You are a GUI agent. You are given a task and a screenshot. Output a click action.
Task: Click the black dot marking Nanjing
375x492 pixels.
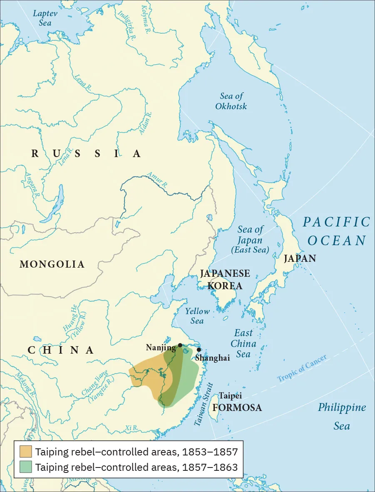click(180, 345)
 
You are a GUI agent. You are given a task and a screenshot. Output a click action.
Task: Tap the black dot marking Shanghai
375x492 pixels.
click(199, 349)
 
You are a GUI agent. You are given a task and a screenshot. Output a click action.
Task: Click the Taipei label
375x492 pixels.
click(230, 396)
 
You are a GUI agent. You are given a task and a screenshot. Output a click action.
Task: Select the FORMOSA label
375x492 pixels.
click(237, 408)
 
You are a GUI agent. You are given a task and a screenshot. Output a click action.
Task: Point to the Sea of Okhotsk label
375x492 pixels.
click(231, 101)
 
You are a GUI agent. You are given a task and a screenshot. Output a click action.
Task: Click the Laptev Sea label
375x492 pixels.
click(45, 18)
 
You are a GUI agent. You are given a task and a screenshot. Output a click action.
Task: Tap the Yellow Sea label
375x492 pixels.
click(197, 316)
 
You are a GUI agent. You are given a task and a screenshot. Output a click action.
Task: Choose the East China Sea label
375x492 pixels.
click(243, 343)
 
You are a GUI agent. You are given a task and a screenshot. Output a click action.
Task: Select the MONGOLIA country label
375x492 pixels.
click(52, 264)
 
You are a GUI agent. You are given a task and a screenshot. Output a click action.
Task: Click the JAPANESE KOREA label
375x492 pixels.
click(225, 280)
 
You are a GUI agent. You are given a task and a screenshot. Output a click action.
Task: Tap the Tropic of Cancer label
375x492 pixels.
click(302, 368)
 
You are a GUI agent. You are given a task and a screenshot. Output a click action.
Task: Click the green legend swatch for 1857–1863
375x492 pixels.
click(25, 467)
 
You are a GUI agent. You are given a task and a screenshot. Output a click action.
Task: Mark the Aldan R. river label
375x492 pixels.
click(146, 123)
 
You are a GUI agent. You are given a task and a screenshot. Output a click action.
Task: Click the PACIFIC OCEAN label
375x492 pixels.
click(336, 231)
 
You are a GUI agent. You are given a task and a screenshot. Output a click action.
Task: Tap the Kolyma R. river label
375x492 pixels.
click(146, 19)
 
